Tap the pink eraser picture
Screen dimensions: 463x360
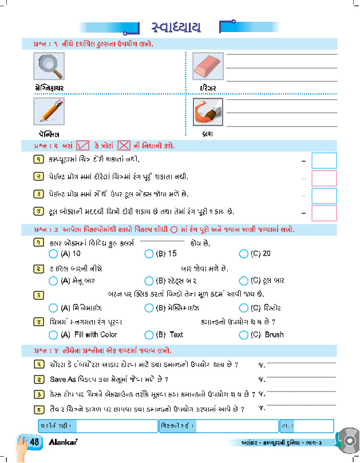point(207,67)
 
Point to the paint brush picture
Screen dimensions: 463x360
point(207,110)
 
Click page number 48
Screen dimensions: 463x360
point(34,442)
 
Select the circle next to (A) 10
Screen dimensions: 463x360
point(53,254)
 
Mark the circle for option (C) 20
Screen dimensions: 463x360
point(244,254)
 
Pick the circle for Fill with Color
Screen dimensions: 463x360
point(53,335)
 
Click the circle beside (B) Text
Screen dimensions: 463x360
point(149,335)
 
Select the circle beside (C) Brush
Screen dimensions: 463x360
point(244,335)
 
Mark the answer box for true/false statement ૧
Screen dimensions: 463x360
point(323,161)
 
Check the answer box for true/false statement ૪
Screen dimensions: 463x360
point(323,213)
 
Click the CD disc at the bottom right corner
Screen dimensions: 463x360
point(347,441)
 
